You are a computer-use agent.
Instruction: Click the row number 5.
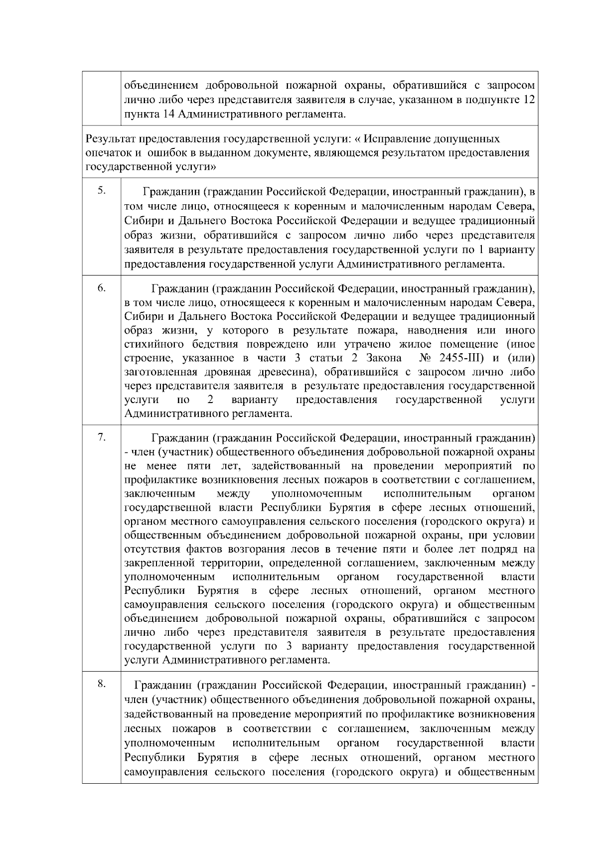click(101, 190)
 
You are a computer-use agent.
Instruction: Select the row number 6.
click(101, 288)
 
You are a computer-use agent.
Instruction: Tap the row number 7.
click(101, 437)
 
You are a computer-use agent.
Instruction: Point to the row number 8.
click(101, 685)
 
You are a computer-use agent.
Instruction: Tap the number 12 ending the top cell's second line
click(530, 100)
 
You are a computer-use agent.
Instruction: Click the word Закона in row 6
click(384, 358)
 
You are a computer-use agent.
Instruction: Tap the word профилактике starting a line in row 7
click(160, 480)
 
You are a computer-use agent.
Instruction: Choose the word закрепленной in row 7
click(158, 564)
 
